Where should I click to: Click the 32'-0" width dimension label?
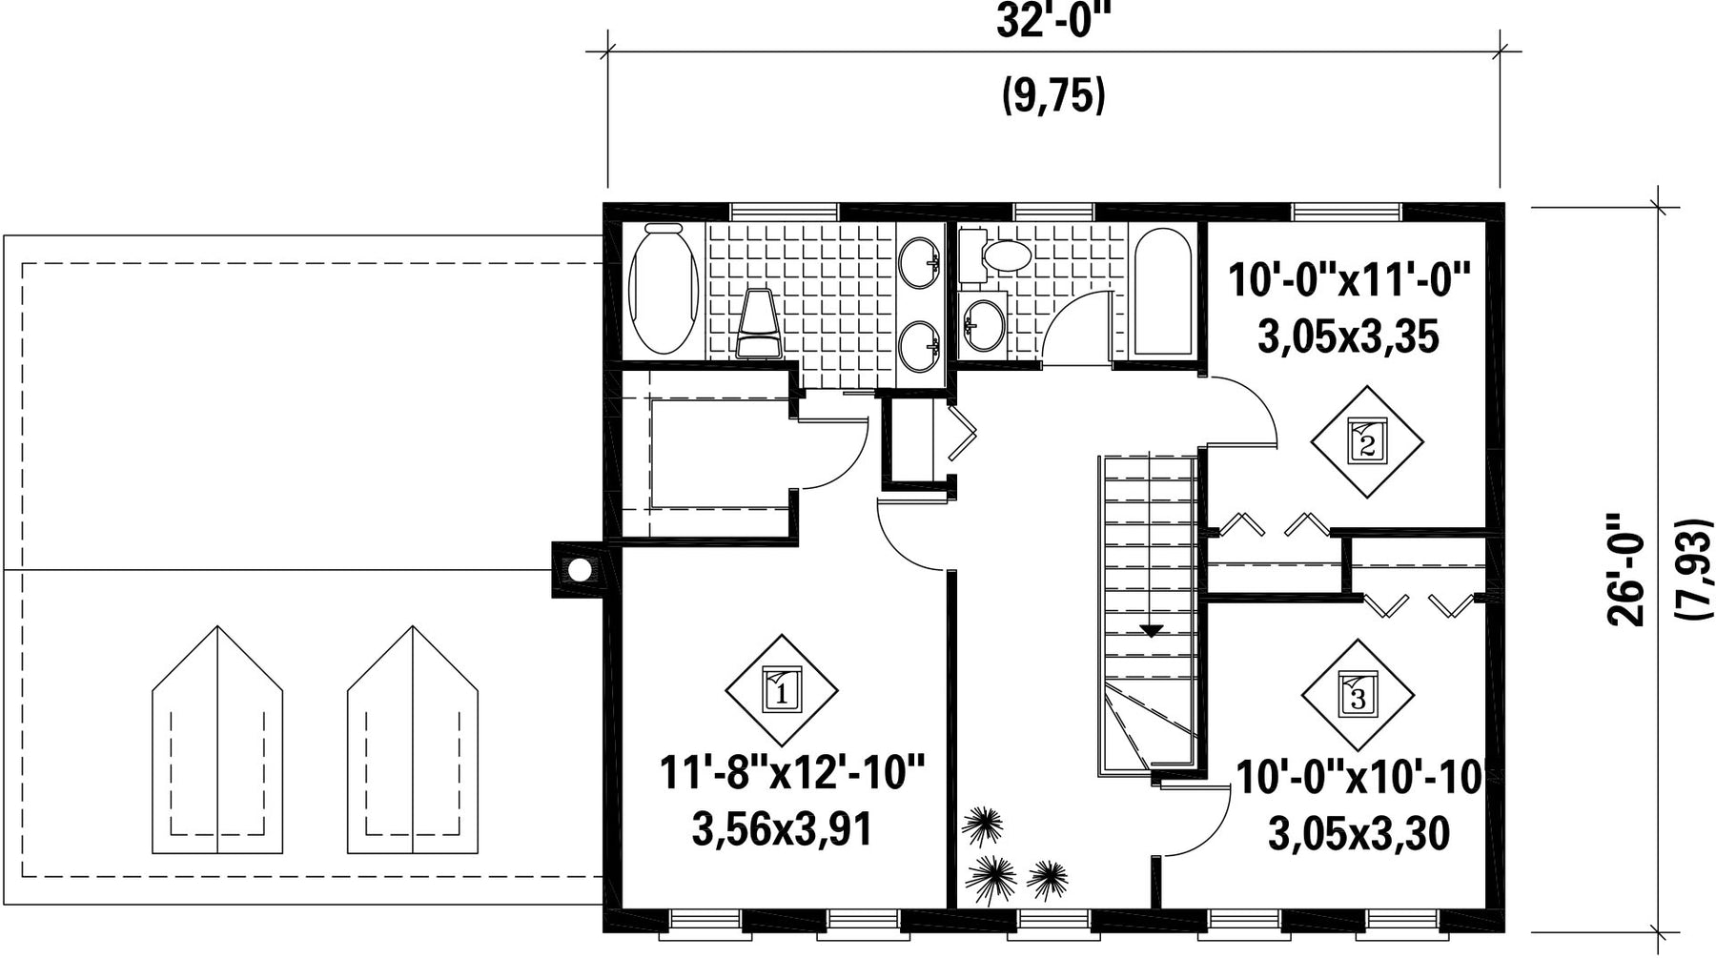(1054, 22)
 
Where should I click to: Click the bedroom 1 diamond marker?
(782, 690)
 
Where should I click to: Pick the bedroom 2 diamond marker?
(1367, 441)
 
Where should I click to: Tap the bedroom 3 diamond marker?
(1358, 694)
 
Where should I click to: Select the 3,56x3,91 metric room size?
(782, 829)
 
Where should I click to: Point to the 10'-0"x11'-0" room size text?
(1349, 281)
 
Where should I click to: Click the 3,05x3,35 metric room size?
(1348, 337)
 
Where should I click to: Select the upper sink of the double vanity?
(919, 262)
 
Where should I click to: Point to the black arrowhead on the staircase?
(1152, 630)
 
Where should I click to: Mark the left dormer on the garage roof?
(217, 740)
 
